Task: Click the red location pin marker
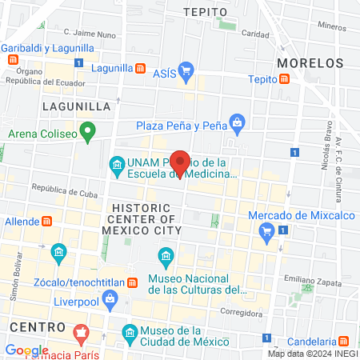(180, 162)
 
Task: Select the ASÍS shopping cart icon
(186, 70)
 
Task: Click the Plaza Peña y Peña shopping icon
(237, 123)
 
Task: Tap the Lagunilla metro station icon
(141, 68)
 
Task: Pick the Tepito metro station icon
(285, 78)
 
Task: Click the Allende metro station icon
(46, 221)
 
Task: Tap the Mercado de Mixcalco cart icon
(266, 233)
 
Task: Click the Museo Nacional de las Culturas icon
(166, 257)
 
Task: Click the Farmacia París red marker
(80, 331)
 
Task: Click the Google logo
(26, 350)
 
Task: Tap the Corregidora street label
(240, 313)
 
